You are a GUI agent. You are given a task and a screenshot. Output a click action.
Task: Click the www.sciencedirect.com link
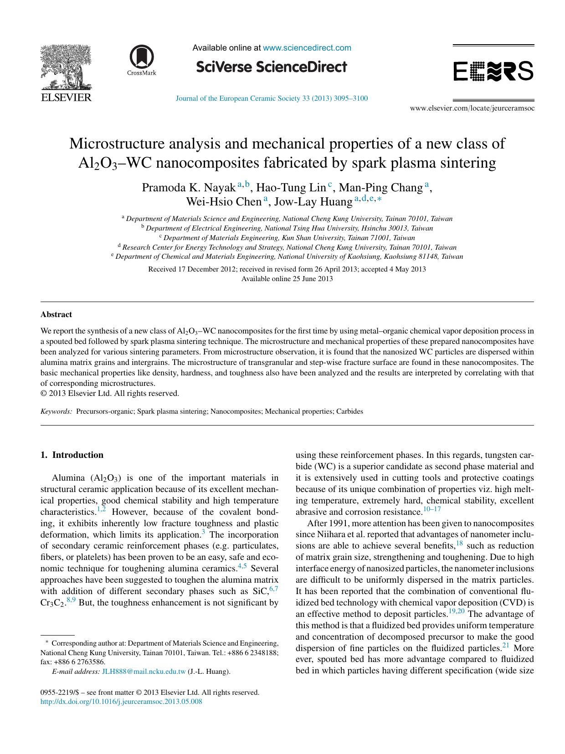[x=307, y=48]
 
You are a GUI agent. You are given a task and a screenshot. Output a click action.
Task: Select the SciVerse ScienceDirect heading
[x=272, y=67]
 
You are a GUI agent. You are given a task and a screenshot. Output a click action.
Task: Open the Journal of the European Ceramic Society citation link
[x=272, y=98]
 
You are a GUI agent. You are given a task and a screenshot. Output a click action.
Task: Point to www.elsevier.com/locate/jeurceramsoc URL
[x=472, y=108]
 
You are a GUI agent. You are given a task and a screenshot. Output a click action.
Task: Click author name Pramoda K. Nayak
[x=189, y=188]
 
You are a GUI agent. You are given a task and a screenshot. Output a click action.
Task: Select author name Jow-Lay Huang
[x=313, y=201]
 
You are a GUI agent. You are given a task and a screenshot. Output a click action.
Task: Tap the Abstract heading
[x=56, y=314]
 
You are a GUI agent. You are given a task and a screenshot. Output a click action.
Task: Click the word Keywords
[x=56, y=411]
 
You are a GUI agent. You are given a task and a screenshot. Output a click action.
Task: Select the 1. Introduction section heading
[x=72, y=455]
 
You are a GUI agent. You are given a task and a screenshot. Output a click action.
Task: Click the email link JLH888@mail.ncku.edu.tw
[x=144, y=672]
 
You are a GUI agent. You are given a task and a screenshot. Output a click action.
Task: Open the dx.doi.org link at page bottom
[x=121, y=702]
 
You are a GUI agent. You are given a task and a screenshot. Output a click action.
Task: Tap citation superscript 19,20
[x=457, y=611]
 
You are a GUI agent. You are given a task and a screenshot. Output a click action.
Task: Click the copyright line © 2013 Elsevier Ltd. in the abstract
[x=109, y=393]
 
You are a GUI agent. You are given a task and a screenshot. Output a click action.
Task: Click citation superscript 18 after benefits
[x=459, y=543]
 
